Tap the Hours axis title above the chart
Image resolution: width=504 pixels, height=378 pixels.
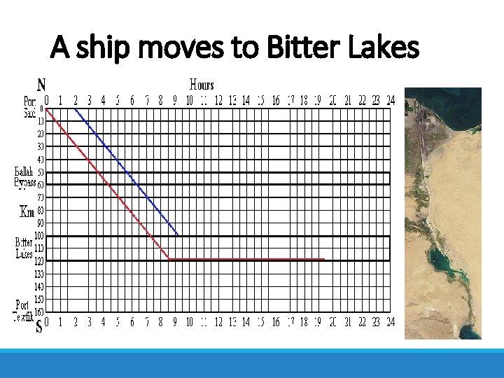(202, 85)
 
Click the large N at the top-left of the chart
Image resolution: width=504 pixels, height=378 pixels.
(41, 85)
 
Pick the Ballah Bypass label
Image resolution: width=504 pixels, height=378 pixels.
(25, 177)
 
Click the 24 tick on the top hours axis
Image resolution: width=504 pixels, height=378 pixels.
(390, 101)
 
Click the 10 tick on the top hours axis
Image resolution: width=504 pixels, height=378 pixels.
(189, 101)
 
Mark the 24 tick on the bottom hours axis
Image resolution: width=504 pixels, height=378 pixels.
(390, 323)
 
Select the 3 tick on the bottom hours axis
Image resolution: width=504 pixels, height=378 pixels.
(89, 323)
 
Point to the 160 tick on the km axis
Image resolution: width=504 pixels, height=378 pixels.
(39, 311)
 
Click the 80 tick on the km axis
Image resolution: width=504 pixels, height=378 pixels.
(41, 210)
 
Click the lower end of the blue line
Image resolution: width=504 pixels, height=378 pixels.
(178, 234)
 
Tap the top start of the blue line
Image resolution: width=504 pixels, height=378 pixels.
(75, 108)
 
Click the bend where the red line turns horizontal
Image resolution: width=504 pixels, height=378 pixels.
(170, 260)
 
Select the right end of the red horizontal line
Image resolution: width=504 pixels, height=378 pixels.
(324, 260)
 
